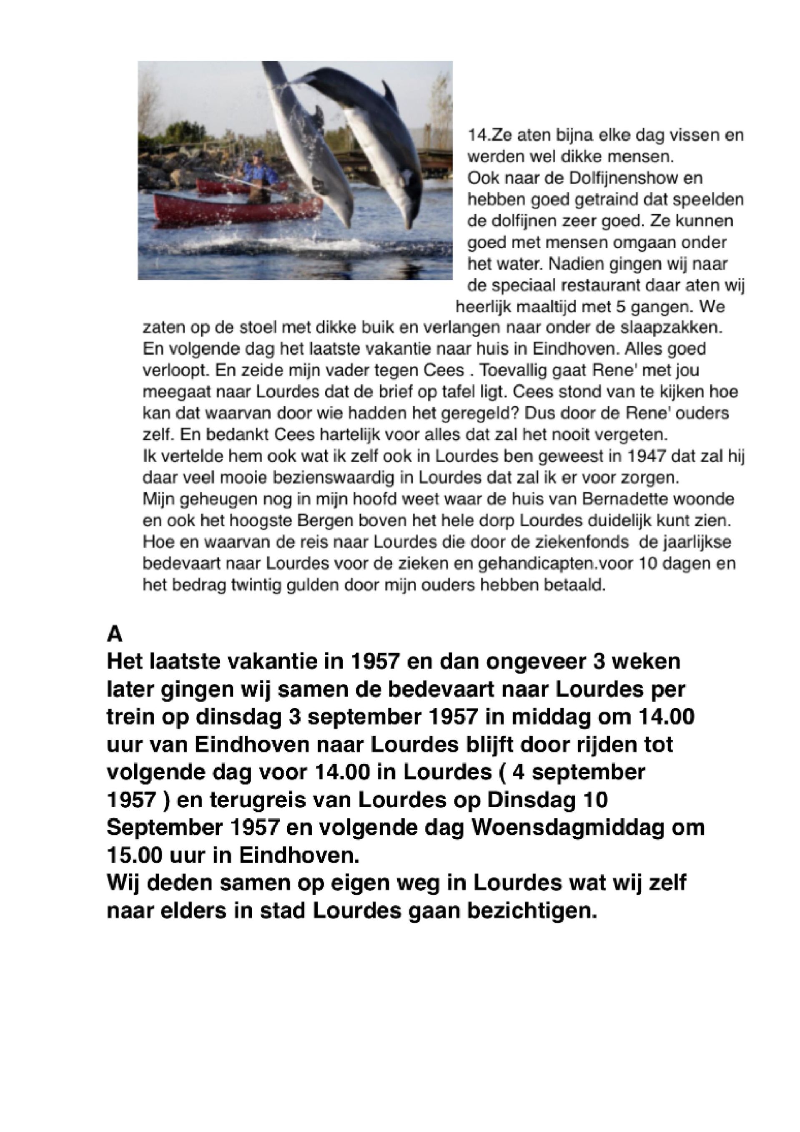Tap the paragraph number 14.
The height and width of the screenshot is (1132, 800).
pos(476,135)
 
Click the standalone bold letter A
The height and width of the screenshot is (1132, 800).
pos(114,634)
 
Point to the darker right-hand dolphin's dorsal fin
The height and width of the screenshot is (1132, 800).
pos(389,95)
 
